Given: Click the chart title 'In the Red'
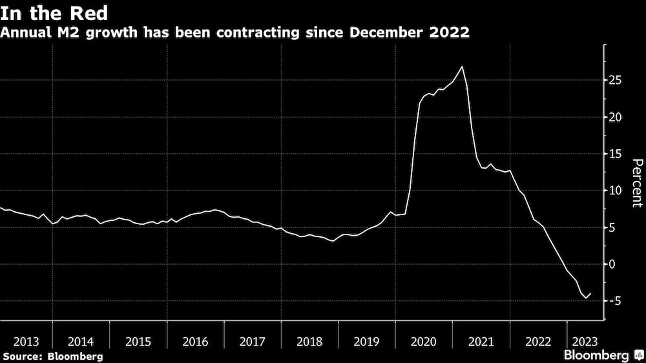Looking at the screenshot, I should click(x=54, y=13).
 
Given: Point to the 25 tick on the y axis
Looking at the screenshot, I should click(x=616, y=80).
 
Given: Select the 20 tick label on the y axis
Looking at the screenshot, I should click(x=616, y=117).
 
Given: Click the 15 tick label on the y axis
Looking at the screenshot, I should click(x=616, y=154).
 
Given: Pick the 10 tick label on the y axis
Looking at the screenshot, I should click(x=616, y=191).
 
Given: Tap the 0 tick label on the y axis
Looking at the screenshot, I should click(x=613, y=264).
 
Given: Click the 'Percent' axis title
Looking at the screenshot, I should click(x=636, y=183).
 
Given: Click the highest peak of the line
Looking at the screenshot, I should click(x=462, y=67).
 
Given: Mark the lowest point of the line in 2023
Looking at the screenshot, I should click(x=585, y=298).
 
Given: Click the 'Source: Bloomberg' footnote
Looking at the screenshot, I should click(x=52, y=356).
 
